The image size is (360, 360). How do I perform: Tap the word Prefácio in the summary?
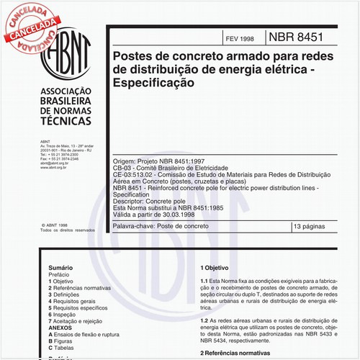(x=59, y=273)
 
